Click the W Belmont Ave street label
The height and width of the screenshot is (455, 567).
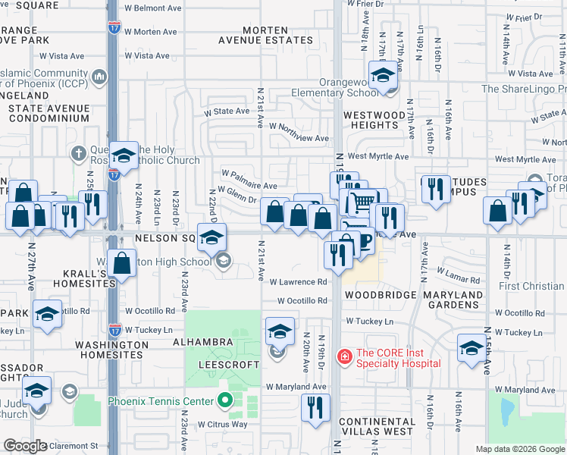click(x=153, y=8)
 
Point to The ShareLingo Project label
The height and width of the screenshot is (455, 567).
click(x=524, y=89)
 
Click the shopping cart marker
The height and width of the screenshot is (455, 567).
click(x=363, y=202)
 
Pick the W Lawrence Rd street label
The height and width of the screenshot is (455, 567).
click(x=299, y=281)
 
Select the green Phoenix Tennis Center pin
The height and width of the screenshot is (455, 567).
click(x=224, y=401)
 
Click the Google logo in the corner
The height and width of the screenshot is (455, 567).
click(x=25, y=445)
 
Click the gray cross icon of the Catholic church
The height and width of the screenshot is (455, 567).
click(x=78, y=154)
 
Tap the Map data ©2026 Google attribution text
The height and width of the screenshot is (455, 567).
click(x=519, y=449)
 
